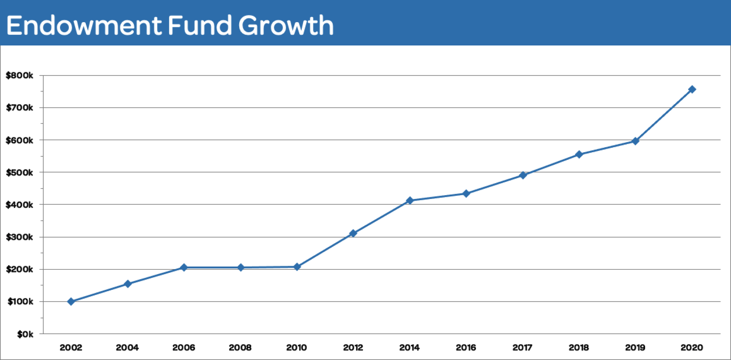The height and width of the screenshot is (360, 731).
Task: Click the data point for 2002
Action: click(71, 301)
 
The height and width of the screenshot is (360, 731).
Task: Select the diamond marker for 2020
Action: click(692, 89)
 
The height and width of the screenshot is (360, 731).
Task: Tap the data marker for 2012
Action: click(353, 233)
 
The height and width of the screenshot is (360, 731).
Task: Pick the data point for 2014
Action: click(410, 200)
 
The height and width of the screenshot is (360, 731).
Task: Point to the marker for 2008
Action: click(241, 267)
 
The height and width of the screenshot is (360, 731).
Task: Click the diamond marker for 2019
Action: click(635, 141)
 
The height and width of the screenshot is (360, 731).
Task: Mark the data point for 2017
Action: click(523, 175)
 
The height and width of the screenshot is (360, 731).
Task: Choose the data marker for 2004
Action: click(127, 284)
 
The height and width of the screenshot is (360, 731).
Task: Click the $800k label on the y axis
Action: click(20, 76)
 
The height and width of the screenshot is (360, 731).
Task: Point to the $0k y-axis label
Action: click(25, 334)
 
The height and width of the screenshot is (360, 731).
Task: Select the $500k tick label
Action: click(20, 173)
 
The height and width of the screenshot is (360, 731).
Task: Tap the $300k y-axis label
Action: click(20, 237)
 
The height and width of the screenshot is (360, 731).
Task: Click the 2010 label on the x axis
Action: click(297, 348)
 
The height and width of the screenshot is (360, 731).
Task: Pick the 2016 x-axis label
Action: click(466, 348)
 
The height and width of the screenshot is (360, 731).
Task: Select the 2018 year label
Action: click(579, 348)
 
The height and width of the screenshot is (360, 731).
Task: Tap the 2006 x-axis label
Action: click(184, 348)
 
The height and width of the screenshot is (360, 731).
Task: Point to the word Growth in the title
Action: click(286, 26)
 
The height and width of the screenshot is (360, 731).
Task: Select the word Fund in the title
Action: click(200, 26)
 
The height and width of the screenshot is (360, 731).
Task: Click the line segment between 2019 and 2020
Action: click(664, 115)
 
